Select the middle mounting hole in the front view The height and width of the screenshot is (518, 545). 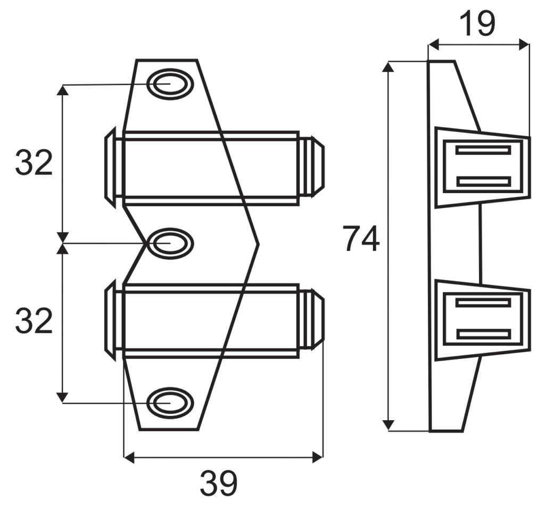(x=169, y=243)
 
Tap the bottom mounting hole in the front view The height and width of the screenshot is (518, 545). (x=169, y=403)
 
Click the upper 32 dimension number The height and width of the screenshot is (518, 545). (x=34, y=163)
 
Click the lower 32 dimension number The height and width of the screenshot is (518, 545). (x=34, y=321)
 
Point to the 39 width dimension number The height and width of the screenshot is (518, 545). (x=219, y=483)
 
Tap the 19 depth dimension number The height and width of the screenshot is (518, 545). (x=477, y=24)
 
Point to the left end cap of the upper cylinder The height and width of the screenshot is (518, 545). (x=110, y=166)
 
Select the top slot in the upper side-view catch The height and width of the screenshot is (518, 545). (x=483, y=150)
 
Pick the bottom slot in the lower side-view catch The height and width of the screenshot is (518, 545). (x=483, y=335)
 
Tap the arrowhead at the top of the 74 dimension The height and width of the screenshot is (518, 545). (x=389, y=67)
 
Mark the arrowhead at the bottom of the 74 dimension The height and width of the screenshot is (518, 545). (x=389, y=425)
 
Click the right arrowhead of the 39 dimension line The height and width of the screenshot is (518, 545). (x=318, y=456)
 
